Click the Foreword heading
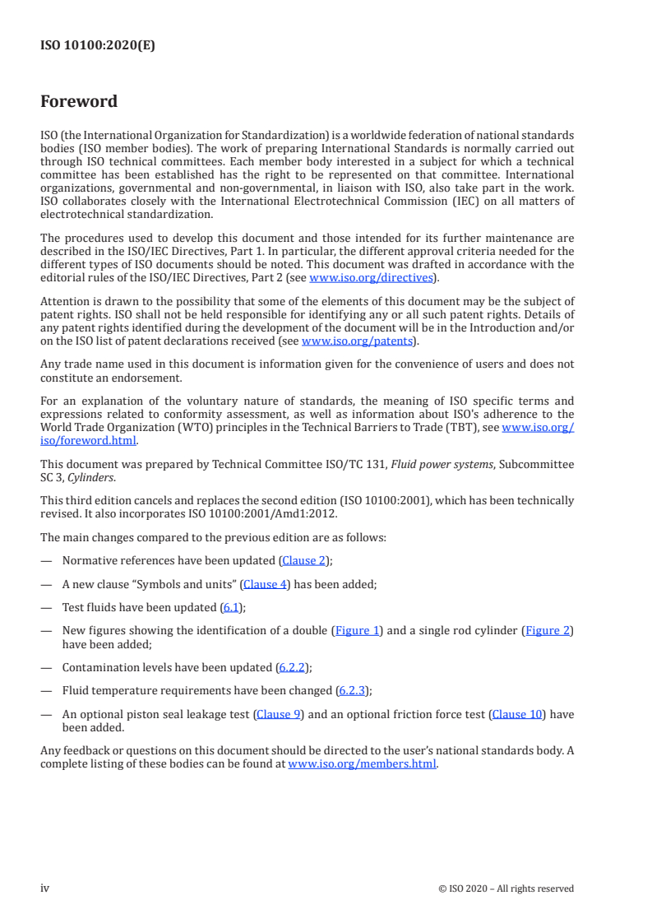(79, 102)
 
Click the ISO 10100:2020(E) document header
(98, 46)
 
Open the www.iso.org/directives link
(370, 278)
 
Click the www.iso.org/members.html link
(363, 764)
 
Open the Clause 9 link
(278, 714)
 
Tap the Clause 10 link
(517, 714)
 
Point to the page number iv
(45, 888)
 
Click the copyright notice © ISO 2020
(506, 888)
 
